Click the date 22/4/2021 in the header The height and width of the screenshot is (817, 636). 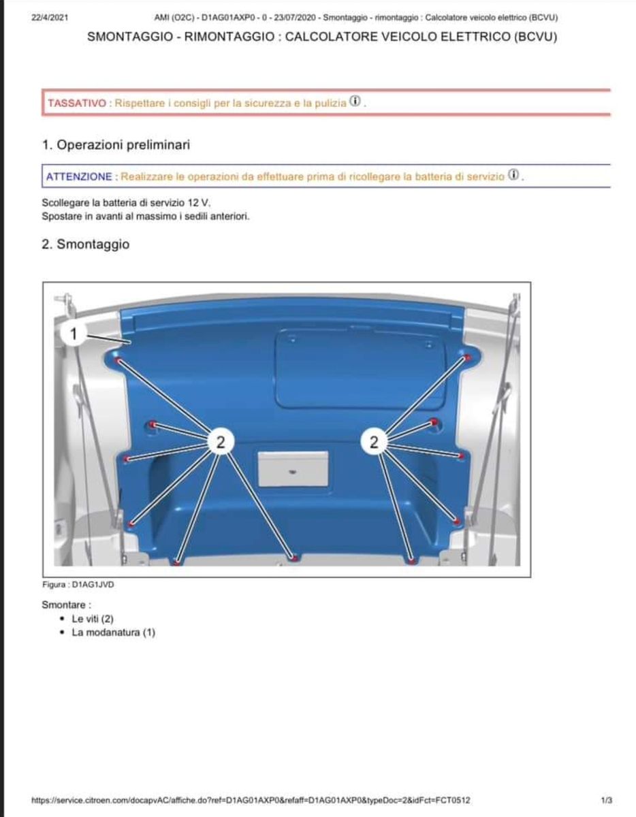tap(49, 18)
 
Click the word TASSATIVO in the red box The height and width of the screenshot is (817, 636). tap(76, 103)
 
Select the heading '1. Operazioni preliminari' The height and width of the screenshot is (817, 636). tap(116, 144)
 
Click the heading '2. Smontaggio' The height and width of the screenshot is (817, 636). tap(85, 244)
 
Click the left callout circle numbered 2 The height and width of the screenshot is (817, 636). tap(219, 442)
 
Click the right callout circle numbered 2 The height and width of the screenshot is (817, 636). tap(374, 442)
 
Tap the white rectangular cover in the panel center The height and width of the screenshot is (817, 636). tap(293, 468)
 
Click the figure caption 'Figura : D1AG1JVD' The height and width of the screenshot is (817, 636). tap(74, 584)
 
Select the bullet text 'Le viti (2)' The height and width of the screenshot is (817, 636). tap(92, 619)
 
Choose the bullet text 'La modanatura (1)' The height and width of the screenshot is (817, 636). tap(113, 632)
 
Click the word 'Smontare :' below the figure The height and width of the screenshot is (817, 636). tap(66, 605)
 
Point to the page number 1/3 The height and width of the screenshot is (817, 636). tap(607, 800)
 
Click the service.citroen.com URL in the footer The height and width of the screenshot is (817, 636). tap(251, 800)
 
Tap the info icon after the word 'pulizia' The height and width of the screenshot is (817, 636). tap(355, 101)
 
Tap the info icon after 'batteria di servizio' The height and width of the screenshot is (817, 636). tap(514, 175)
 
